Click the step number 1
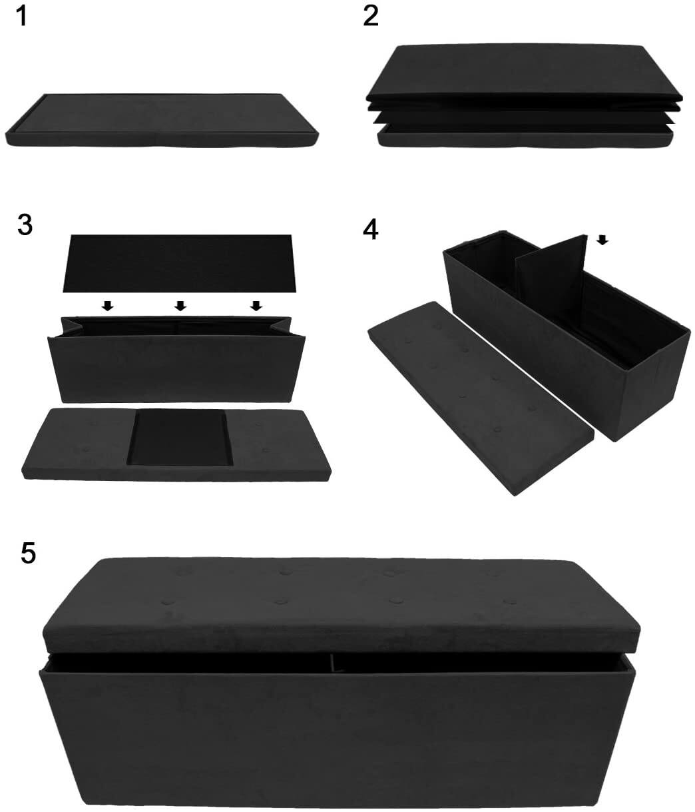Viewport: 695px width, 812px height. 22,16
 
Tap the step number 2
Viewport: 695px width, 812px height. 371,16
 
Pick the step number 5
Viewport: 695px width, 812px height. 27,553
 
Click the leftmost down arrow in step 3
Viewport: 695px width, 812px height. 107,306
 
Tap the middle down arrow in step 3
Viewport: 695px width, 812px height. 180,306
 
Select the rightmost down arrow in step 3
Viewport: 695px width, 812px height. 255,306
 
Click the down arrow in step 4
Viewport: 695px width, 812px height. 602,240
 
